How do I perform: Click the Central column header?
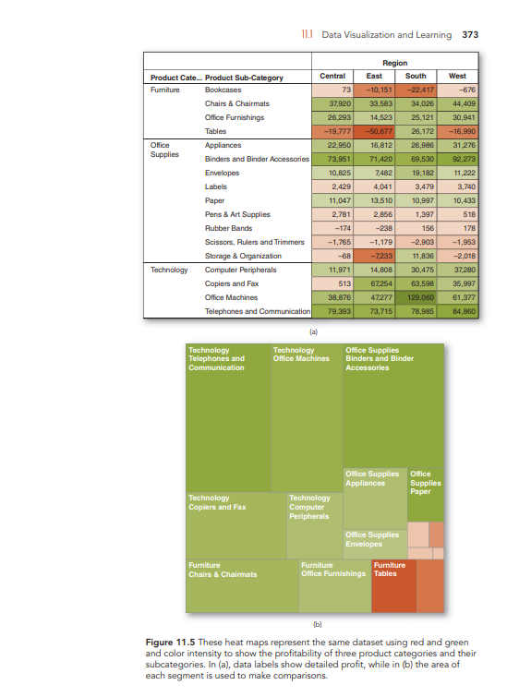pyautogui.click(x=332, y=76)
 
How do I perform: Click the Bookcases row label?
pyautogui.click(x=223, y=90)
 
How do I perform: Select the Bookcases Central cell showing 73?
pyautogui.click(x=333, y=90)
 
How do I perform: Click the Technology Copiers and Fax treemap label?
pyautogui.click(x=218, y=503)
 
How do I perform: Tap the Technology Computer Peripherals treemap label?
pyautogui.click(x=310, y=507)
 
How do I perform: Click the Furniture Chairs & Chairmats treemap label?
pyautogui.click(x=223, y=570)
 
